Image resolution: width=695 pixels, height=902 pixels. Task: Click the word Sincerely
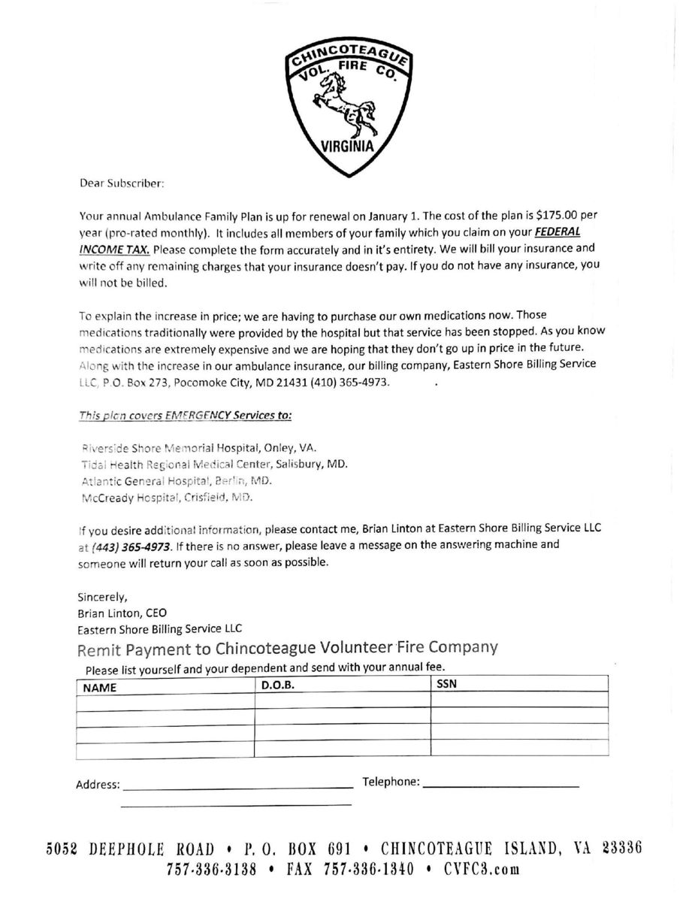pyautogui.click(x=103, y=598)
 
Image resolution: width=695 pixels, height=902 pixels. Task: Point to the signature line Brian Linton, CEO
pyautogui.click(x=122, y=613)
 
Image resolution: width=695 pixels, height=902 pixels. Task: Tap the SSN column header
pyautogui.click(x=446, y=685)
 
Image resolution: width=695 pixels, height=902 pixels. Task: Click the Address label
pyautogui.click(x=98, y=785)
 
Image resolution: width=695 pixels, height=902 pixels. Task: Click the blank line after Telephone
pyautogui.click(x=501, y=785)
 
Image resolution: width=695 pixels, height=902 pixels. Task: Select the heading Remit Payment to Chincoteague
pyautogui.click(x=287, y=648)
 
